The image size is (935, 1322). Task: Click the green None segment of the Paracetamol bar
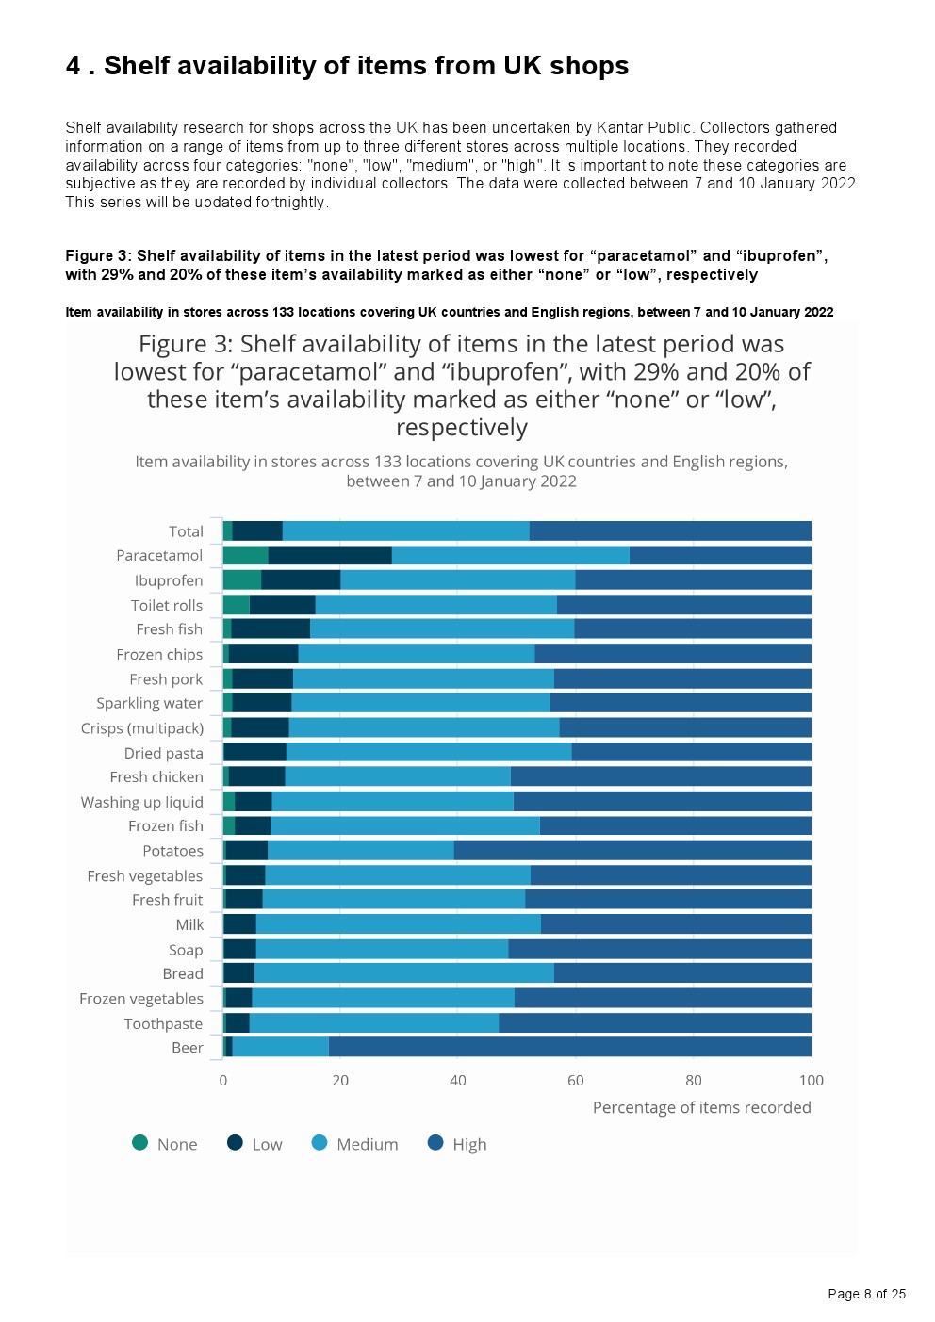click(x=246, y=555)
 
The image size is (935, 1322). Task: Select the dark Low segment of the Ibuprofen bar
click(x=301, y=580)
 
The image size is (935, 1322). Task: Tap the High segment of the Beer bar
click(x=570, y=1047)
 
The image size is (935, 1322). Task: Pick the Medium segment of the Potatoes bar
click(x=361, y=851)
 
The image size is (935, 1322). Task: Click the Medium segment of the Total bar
click(x=406, y=531)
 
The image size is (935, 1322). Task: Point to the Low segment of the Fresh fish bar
click(x=271, y=629)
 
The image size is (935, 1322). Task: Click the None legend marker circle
click(x=139, y=1143)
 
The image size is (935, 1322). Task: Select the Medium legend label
click(x=368, y=1144)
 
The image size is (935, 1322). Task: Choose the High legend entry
click(x=457, y=1144)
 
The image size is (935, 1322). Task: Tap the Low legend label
click(x=267, y=1144)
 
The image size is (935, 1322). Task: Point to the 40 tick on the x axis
click(x=457, y=1081)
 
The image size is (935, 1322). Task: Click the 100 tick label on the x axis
click(x=812, y=1081)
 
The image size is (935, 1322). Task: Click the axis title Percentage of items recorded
click(x=702, y=1107)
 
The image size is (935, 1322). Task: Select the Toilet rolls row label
click(x=167, y=605)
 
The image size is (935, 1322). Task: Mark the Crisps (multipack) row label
click(x=142, y=728)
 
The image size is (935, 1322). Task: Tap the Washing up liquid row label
click(x=141, y=802)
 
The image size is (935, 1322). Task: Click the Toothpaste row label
click(x=163, y=1023)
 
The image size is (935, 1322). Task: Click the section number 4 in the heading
click(x=73, y=66)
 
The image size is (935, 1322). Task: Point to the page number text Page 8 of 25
click(x=866, y=1294)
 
